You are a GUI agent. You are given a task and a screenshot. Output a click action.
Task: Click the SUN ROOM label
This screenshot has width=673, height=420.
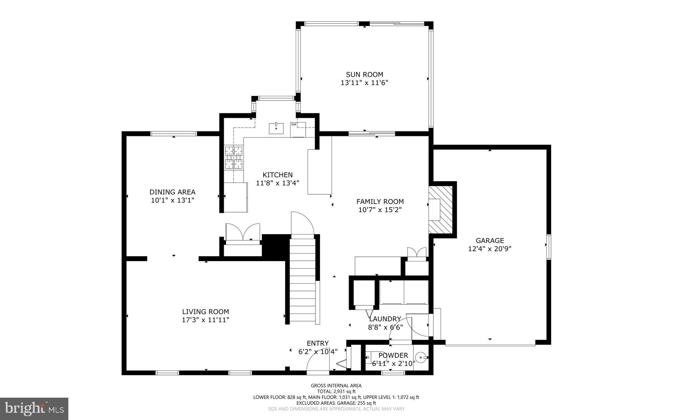tap(364, 75)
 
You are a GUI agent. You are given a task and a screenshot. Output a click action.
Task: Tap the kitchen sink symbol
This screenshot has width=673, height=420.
tap(276, 128)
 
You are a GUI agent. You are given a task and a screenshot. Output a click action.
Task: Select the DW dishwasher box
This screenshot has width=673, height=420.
tap(298, 129)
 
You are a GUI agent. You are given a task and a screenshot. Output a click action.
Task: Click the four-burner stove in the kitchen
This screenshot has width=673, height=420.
tap(234, 158)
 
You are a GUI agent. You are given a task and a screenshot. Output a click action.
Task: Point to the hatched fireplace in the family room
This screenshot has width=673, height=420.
tap(441, 209)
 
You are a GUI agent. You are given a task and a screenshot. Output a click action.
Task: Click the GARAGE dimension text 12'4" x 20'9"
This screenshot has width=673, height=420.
tap(490, 249)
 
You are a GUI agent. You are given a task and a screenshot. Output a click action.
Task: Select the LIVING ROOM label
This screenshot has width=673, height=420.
tap(205, 312)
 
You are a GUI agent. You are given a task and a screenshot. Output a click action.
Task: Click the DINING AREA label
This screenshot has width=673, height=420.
tap(172, 192)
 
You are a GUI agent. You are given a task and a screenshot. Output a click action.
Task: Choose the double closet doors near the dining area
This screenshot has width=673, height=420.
tap(243, 232)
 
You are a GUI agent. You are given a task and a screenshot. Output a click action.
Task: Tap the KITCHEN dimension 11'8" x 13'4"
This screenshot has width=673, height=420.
tap(277, 183)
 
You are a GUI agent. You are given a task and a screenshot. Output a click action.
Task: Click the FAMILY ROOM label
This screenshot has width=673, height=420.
tap(380, 202)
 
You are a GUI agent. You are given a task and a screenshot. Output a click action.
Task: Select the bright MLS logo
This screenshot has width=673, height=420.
tap(34, 409)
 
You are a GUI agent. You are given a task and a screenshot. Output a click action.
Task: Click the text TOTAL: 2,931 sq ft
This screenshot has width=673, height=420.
tap(336, 391)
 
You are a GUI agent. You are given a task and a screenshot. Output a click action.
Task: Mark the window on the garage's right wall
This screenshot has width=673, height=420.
tap(549, 247)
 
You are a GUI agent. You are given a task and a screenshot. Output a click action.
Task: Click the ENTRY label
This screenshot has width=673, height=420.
tap(317, 343)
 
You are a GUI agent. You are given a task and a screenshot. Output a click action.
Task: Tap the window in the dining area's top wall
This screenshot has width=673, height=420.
tap(174, 133)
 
